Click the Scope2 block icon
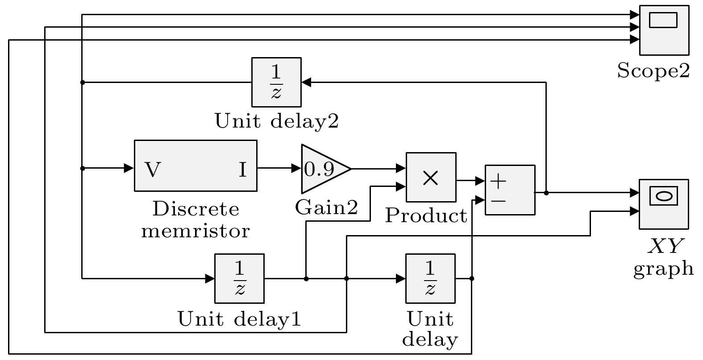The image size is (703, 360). [x=664, y=30]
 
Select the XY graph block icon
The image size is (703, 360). [x=664, y=204]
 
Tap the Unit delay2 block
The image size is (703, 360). [x=276, y=82]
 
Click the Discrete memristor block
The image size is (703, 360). [x=196, y=166]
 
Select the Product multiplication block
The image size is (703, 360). [x=431, y=177]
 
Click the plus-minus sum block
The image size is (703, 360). [x=510, y=190]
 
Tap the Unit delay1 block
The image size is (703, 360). [x=239, y=278]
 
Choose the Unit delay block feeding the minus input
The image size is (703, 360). [x=430, y=278]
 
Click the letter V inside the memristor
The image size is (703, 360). [x=153, y=170]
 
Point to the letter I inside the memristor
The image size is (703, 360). [x=242, y=170]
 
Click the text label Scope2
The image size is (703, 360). [x=653, y=70]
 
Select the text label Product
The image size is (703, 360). [x=426, y=216]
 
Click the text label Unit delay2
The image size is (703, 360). [x=276, y=121]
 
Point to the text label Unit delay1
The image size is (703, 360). [x=239, y=319]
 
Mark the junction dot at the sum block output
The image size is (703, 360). [x=546, y=193]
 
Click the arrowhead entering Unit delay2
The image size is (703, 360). [x=306, y=82]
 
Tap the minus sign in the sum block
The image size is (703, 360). [x=499, y=201]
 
